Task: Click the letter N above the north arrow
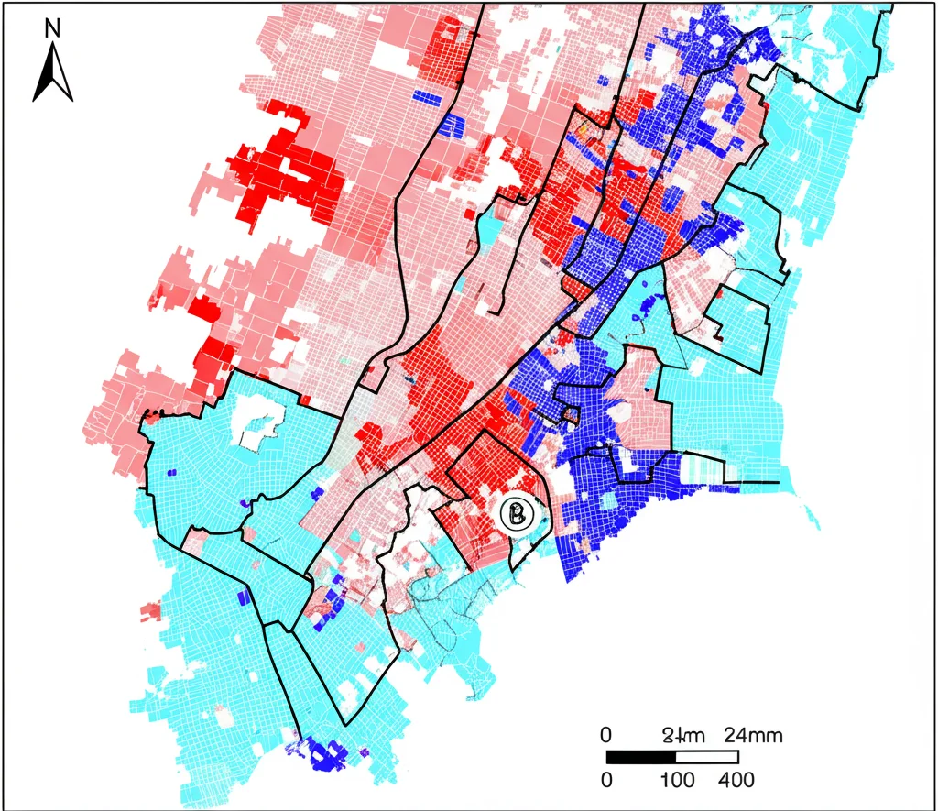52,28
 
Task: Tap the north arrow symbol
52,72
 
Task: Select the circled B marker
518,514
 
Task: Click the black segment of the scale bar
640,757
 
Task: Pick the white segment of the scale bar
706,757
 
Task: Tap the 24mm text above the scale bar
752,735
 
